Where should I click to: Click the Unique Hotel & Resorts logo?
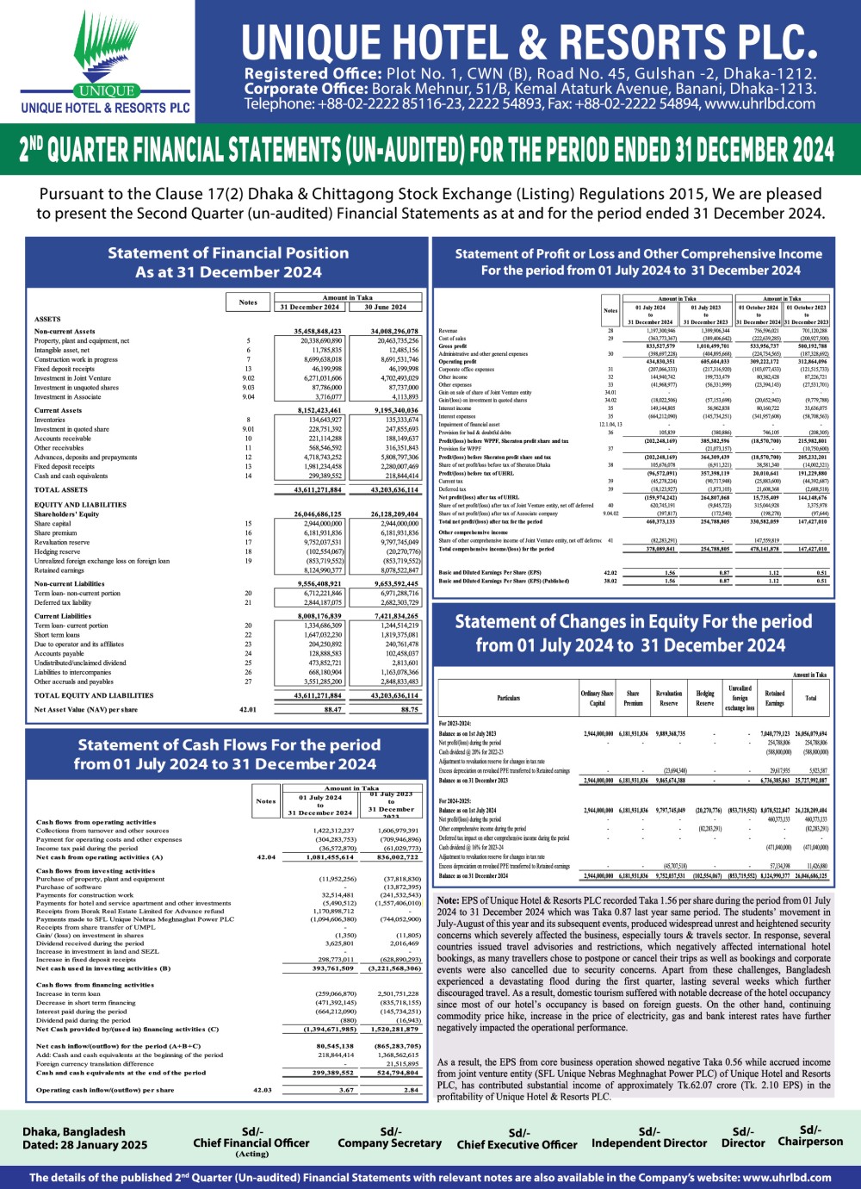(105, 62)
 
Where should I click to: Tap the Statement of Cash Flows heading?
(228, 754)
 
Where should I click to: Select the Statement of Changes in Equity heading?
(633, 633)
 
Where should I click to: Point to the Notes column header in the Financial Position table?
(248, 302)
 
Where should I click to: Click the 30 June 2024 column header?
(385, 307)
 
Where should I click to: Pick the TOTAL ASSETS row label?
(61, 489)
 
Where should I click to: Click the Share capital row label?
(53, 523)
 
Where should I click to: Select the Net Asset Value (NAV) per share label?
(86, 710)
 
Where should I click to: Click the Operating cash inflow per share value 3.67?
(346, 1090)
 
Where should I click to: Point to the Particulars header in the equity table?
(509, 698)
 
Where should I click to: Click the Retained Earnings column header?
(775, 698)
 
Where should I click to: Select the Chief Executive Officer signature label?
(517, 1145)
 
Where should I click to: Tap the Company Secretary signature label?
(389, 1143)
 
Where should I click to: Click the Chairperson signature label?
(810, 1142)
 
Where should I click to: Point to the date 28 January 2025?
(85, 1145)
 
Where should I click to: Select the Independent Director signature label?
(649, 1143)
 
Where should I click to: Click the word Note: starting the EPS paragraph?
(448, 900)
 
